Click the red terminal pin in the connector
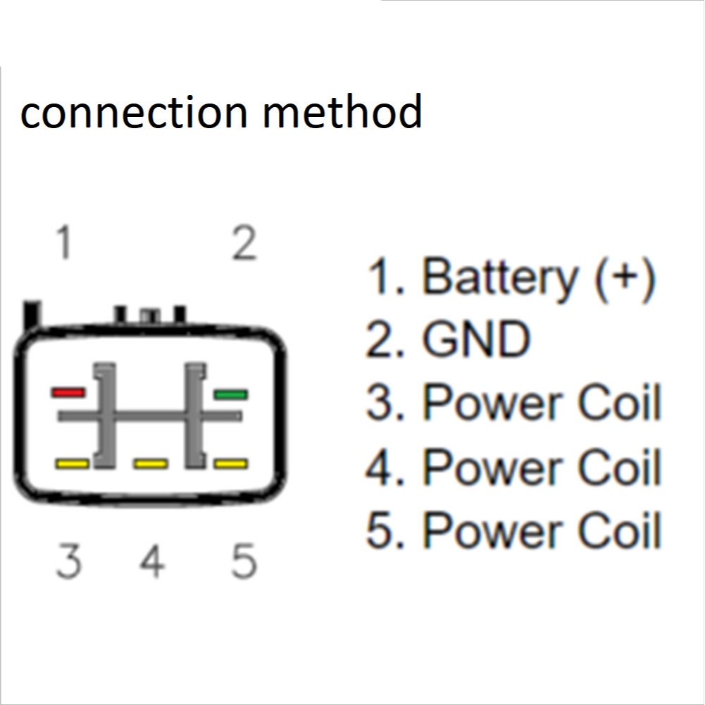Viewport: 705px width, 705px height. [x=68, y=392]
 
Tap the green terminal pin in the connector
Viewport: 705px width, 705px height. [x=230, y=395]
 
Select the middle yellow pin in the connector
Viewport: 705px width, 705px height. [x=151, y=463]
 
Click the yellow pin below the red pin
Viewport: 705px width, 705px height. [x=72, y=463]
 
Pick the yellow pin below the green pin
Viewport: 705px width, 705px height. [x=230, y=463]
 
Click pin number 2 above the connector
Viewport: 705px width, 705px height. [x=244, y=243]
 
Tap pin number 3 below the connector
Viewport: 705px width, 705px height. [x=69, y=561]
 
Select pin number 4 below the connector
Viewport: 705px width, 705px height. [x=152, y=561]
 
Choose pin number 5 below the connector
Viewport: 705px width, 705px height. [x=244, y=561]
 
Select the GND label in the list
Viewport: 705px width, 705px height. [x=477, y=339]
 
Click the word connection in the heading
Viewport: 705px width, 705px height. [x=134, y=113]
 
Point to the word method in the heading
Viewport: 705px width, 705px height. [x=342, y=111]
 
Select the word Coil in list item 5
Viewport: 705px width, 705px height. [x=620, y=530]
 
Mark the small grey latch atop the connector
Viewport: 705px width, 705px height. [x=150, y=316]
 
